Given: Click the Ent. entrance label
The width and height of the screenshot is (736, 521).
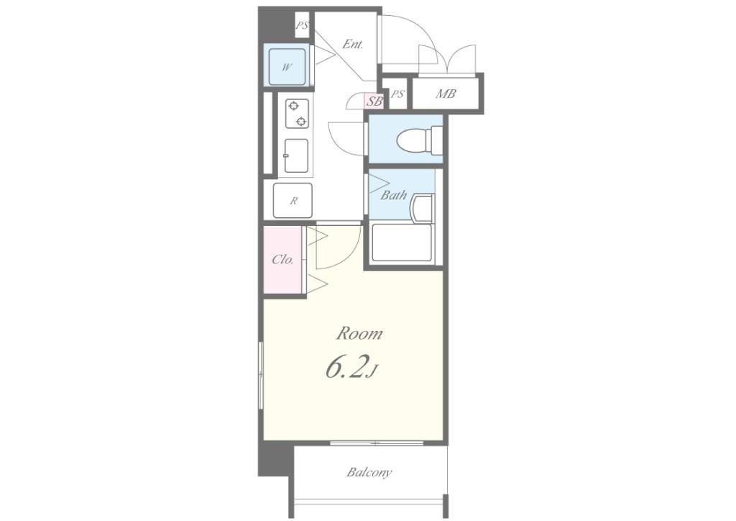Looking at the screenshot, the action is tap(352, 45).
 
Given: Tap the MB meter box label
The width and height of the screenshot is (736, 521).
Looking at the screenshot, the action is tap(446, 94).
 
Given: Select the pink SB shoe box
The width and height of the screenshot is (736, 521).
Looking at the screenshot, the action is tap(374, 101).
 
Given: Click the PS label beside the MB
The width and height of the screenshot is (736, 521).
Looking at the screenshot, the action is tap(397, 94).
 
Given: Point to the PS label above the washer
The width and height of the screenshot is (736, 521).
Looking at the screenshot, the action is tap(302, 26).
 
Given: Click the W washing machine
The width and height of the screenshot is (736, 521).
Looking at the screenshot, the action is tap(287, 67).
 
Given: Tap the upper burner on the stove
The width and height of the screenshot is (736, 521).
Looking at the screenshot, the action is tap(294, 106).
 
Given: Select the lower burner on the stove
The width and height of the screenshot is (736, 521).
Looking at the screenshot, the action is tap(301, 122).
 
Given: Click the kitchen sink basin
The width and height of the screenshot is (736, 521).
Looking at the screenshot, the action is tap(296, 156).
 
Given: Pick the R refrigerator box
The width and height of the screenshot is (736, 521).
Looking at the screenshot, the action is tap(293, 201).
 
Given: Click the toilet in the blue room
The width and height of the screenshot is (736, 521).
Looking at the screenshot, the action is tap(419, 140).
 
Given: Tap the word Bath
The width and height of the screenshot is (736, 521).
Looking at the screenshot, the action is tap(393, 195).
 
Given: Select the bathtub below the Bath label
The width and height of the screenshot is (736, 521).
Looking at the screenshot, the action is tap(402, 243).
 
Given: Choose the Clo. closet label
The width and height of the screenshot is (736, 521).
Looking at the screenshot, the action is tap(282, 259).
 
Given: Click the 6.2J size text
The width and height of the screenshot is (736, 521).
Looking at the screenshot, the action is tap(351, 368).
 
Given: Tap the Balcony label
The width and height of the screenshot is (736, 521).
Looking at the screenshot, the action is tap(369, 471).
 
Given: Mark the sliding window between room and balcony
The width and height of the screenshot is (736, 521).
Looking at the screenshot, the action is tap(377, 443).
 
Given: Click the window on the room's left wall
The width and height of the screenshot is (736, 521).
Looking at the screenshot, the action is tap(261, 376).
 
